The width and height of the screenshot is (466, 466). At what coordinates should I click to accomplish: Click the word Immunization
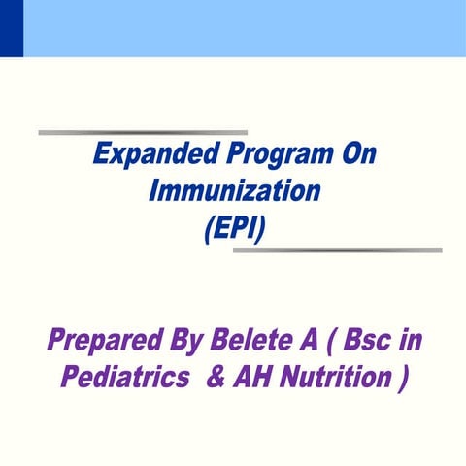pyautogui.click(x=233, y=192)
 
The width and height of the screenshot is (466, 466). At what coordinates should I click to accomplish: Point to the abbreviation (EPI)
pyautogui.click(x=233, y=229)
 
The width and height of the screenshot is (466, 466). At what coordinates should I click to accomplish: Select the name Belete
pyautogui.click(x=251, y=343)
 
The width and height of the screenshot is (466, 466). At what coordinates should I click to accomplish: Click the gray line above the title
pyautogui.click(x=143, y=132)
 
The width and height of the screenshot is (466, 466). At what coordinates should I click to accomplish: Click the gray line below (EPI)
pyautogui.click(x=337, y=250)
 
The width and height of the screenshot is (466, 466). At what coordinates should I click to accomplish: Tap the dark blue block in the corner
pyautogui.click(x=11, y=27)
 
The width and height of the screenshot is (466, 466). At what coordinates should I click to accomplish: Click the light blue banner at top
pyautogui.click(x=243, y=27)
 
